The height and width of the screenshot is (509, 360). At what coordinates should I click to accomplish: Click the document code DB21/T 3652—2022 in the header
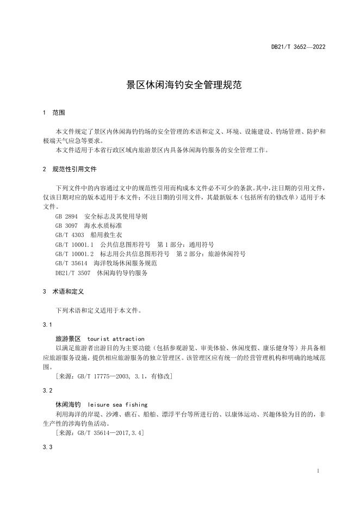(298, 47)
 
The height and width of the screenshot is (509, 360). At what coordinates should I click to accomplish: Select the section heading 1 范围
(53, 113)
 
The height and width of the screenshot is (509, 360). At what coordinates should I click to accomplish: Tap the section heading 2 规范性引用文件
(70, 169)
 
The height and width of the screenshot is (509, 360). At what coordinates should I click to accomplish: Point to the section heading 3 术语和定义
(63, 291)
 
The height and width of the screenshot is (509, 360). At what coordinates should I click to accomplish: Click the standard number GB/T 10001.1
(75, 244)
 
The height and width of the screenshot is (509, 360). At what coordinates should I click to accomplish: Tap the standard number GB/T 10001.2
(75, 254)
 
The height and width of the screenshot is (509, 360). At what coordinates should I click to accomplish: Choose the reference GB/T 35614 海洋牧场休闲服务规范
(102, 263)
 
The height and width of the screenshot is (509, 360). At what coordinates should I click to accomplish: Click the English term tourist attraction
(115, 338)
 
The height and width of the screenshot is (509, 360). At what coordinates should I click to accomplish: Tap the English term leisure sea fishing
(117, 405)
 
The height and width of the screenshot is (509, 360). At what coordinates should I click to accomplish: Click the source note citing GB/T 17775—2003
(114, 376)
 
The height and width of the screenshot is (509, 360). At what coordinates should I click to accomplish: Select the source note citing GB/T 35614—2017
(100, 433)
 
